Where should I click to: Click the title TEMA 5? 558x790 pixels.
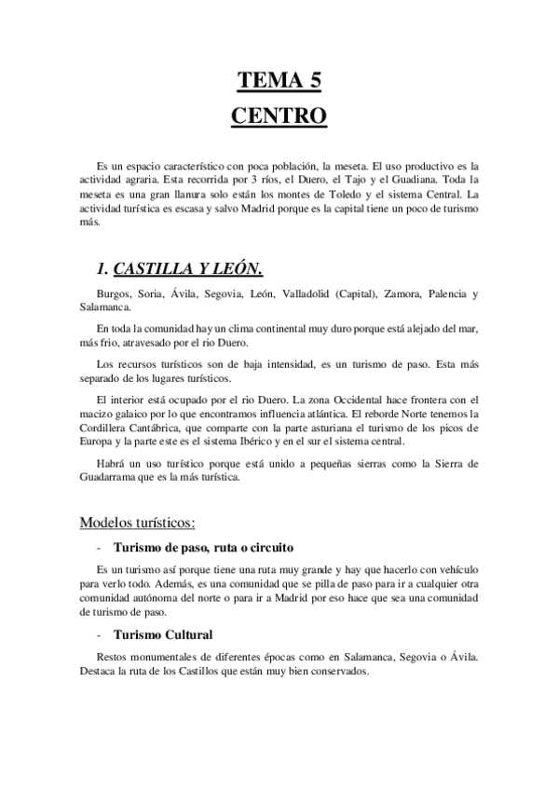click(x=279, y=82)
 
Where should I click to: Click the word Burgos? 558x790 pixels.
click(x=115, y=294)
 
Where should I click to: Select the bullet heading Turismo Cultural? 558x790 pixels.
click(x=162, y=633)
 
